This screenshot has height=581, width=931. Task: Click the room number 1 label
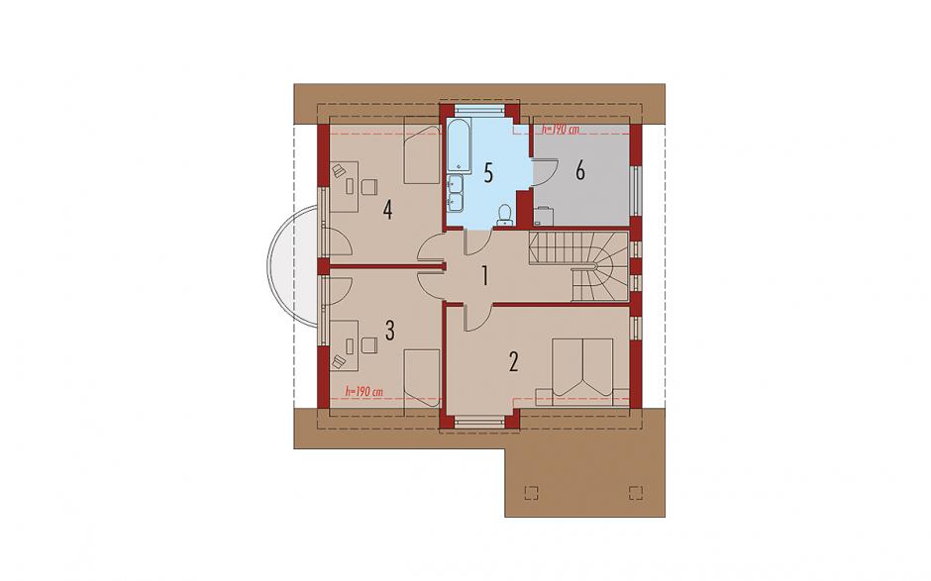485,276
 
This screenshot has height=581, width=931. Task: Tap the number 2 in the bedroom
514,361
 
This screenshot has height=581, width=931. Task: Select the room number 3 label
389,331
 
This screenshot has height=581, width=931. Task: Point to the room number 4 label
387,210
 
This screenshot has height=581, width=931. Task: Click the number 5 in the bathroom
488,173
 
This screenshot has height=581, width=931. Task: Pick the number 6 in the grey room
580,171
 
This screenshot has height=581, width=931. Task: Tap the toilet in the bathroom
504,215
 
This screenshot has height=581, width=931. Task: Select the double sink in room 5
455,193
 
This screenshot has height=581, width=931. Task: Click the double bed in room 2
582,371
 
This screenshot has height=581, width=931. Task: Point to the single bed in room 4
422,151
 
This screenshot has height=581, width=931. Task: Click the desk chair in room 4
368,186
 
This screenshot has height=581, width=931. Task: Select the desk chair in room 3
368,344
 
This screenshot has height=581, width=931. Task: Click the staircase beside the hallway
579,266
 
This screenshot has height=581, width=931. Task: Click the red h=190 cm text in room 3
363,391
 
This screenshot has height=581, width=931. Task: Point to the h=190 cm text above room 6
560,130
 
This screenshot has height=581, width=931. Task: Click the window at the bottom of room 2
479,423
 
